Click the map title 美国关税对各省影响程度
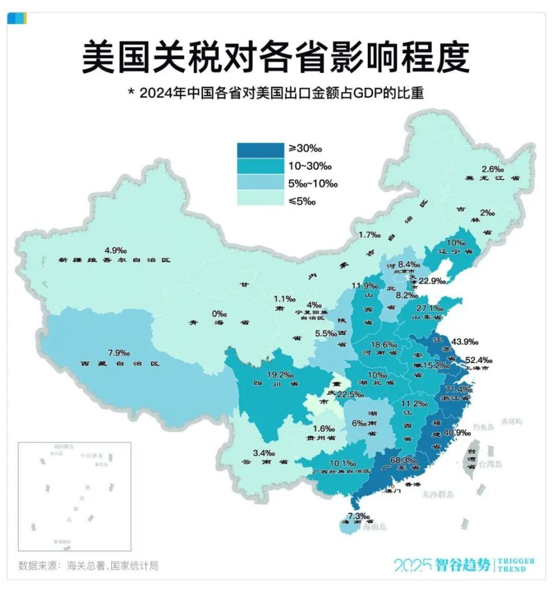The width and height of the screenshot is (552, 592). pos(275,58)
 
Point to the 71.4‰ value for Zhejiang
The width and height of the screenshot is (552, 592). pos(450,389)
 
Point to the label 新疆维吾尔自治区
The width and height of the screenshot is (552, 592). pos(114,260)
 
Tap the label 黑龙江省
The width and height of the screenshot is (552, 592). pos(494,178)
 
